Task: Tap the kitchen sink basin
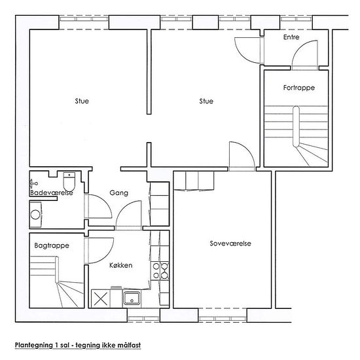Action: point(132,298)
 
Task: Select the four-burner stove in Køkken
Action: point(160,271)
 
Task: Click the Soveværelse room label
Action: point(230,243)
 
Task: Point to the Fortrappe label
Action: point(299,88)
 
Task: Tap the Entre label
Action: point(291,37)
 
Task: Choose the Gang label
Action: point(118,193)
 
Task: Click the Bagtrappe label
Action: point(52,245)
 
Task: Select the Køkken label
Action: point(121,265)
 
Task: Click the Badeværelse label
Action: point(52,192)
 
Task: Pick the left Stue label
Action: point(82,101)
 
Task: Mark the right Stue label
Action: point(206,101)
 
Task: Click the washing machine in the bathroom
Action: point(35,215)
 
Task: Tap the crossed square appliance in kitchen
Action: point(101,298)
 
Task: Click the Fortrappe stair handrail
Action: point(296,126)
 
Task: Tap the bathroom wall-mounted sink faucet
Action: point(33,184)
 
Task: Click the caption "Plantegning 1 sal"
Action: point(42,345)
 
